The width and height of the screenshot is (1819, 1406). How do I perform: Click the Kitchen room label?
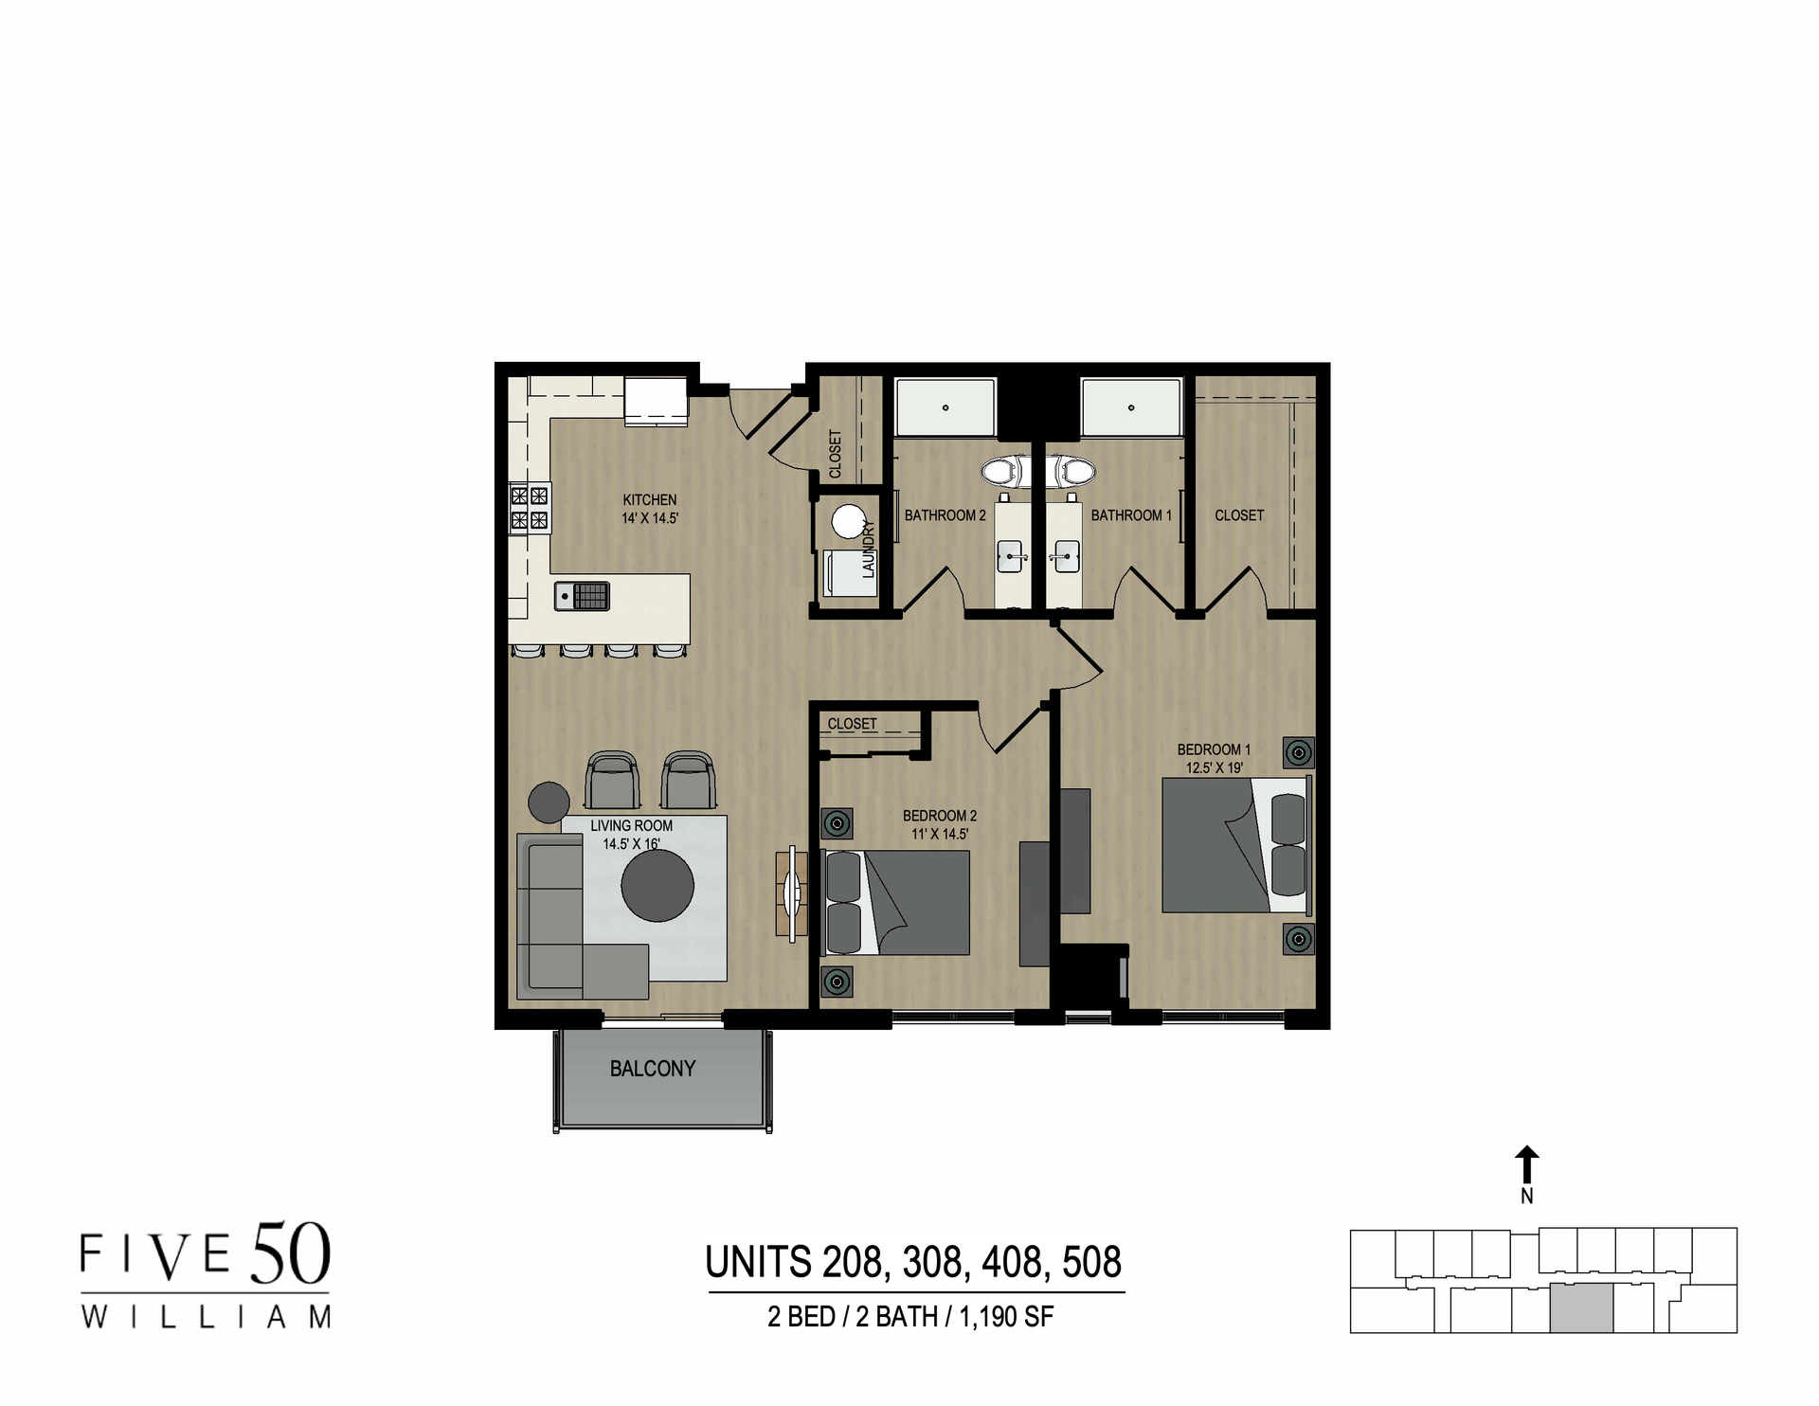pos(649,500)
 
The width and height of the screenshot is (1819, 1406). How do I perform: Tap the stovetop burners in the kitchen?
pos(530,507)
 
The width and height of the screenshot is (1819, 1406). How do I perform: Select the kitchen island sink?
pos(565,596)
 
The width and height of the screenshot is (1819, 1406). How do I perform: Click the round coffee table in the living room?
pos(657,886)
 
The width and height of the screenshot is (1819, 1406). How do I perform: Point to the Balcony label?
pos(652,1069)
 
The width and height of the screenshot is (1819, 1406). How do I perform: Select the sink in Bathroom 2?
pos(1011,557)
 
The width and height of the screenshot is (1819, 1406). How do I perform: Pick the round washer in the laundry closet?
pos(848,521)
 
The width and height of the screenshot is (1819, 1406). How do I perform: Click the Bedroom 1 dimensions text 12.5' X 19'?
pos(1214,768)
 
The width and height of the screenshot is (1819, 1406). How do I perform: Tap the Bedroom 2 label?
pos(939,816)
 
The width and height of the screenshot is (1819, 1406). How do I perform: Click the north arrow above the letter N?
pos(1526,1163)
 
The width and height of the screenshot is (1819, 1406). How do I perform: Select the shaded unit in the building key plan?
pos(1581,1309)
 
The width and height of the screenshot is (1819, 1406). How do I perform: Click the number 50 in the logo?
pos(290,1253)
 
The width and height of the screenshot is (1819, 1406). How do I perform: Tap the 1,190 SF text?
pos(1006,1317)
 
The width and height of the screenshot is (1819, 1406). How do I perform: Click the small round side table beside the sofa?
pos(549,802)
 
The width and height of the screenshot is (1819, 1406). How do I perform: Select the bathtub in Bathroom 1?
pos(1131,407)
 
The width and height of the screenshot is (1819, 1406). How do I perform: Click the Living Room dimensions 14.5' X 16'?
pos(631,844)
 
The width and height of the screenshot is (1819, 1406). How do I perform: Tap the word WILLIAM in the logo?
pos(206,1317)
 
